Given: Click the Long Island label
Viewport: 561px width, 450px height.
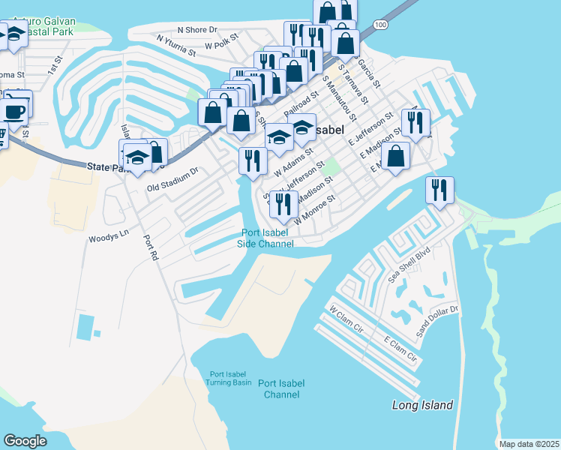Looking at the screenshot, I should (423, 405).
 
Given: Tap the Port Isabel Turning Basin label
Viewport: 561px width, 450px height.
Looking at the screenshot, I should (230, 378).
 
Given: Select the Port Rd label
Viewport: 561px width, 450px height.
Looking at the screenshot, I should (151, 248).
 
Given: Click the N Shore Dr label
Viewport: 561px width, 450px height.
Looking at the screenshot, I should (196, 30).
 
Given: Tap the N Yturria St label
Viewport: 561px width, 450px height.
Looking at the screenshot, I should (176, 45).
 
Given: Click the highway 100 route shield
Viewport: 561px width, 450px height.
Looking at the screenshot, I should (382, 25).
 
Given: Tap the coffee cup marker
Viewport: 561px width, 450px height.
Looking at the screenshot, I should (14, 112).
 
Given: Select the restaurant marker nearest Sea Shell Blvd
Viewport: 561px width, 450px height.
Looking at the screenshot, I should (439, 190).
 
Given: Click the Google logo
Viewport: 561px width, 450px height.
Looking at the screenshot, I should (25, 441).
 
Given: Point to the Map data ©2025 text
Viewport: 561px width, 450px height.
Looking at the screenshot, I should (528, 444).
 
